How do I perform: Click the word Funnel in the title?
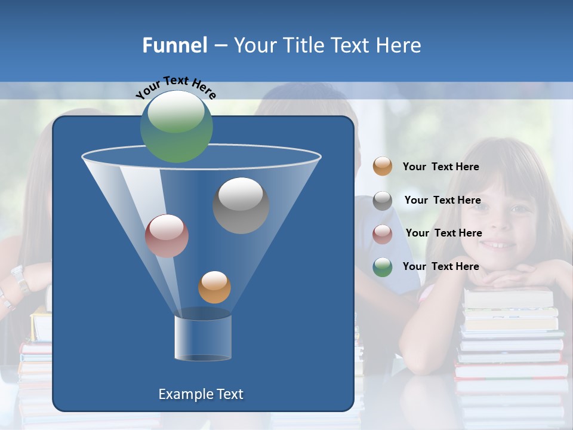tap(174, 45)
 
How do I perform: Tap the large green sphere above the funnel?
tap(176, 126)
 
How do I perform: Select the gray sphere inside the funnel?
tap(241, 205)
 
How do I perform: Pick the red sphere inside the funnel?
tap(167, 235)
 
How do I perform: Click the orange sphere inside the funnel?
tap(214, 287)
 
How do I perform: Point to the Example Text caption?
tap(201, 394)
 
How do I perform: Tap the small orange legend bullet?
tap(383, 166)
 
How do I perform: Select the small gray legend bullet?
tap(383, 201)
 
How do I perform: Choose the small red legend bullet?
tap(383, 234)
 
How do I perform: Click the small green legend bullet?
tap(383, 267)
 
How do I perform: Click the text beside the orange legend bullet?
tap(440, 167)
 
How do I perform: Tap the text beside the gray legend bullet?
tap(442, 200)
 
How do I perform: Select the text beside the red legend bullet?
tap(443, 233)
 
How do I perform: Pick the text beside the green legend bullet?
tap(440, 266)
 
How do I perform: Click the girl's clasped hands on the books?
tap(507, 278)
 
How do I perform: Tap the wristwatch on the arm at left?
tap(20, 279)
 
